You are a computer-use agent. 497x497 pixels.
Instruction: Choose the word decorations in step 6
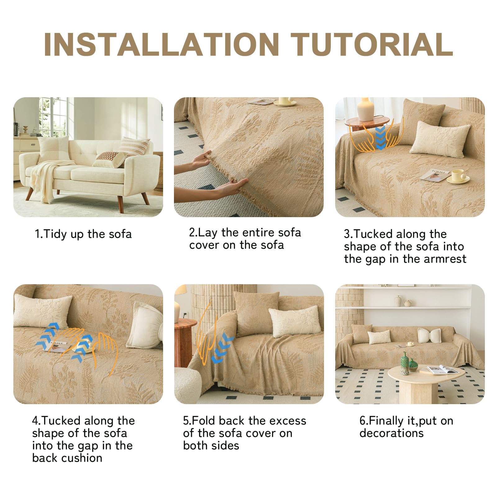tap(391, 433)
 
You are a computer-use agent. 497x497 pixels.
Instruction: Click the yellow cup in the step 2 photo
tap(286, 101)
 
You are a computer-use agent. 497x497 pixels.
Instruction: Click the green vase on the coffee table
tap(405, 363)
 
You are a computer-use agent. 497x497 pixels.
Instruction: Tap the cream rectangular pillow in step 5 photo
tap(294, 323)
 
